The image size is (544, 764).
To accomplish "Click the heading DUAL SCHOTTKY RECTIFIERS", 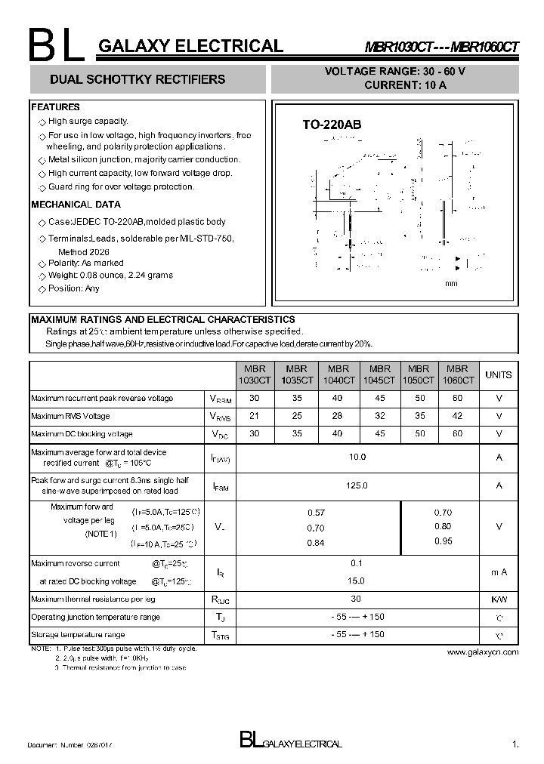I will point(137,79).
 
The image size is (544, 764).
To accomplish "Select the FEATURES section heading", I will point(55,107).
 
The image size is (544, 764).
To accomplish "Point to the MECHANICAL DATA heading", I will point(76,205).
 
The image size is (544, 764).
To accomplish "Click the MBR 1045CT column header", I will point(380,375).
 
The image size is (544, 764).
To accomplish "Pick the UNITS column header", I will point(498,375).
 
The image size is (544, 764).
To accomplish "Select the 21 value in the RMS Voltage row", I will point(254,416).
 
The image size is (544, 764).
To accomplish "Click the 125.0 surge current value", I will point(357,486).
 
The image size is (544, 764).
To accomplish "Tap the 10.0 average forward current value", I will point(357,457).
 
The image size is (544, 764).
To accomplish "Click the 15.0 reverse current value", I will point(357,581).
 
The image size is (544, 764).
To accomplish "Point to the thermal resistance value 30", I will point(357,599).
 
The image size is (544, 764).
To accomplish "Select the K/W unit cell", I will point(499,599).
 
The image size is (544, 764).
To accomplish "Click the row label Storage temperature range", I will point(78,635).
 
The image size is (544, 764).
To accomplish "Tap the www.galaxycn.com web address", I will point(483,652).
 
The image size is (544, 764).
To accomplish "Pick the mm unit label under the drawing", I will point(451,283).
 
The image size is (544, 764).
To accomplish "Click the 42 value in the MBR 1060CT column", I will point(458,416).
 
